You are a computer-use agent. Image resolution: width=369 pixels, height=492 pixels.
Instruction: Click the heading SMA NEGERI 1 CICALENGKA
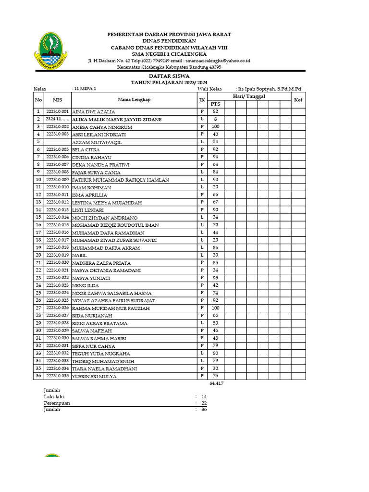click(169, 54)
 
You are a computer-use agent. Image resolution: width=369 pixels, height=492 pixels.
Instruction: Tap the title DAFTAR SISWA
click(169, 76)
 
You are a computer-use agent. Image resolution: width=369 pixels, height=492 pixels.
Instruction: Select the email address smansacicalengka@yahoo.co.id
click(216, 61)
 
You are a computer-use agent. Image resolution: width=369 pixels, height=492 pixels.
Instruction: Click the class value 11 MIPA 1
click(85, 89)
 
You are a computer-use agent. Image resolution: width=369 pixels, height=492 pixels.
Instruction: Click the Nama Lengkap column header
click(134, 99)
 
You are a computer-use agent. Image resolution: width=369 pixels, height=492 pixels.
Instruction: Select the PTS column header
click(216, 104)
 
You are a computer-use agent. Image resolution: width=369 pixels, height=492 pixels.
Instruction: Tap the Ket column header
click(298, 99)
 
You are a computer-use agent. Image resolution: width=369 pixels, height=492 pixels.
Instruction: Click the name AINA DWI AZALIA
click(94, 111)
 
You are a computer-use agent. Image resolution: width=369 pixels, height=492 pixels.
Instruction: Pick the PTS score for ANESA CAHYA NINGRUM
click(216, 127)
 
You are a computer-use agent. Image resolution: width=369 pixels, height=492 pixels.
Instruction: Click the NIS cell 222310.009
click(58, 180)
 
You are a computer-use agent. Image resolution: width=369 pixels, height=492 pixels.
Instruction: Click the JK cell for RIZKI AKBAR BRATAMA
click(202, 323)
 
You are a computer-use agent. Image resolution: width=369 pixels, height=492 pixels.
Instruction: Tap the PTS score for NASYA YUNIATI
click(216, 278)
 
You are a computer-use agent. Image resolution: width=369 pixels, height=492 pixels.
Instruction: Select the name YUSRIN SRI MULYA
click(95, 376)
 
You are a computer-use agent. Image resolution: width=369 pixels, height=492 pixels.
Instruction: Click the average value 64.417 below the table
click(217, 383)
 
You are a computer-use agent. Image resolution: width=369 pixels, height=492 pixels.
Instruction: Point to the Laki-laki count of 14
click(204, 397)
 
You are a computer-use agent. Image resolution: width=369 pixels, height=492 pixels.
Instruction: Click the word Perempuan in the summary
click(57, 403)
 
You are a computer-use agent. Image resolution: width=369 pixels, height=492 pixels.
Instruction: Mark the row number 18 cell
click(38, 240)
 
